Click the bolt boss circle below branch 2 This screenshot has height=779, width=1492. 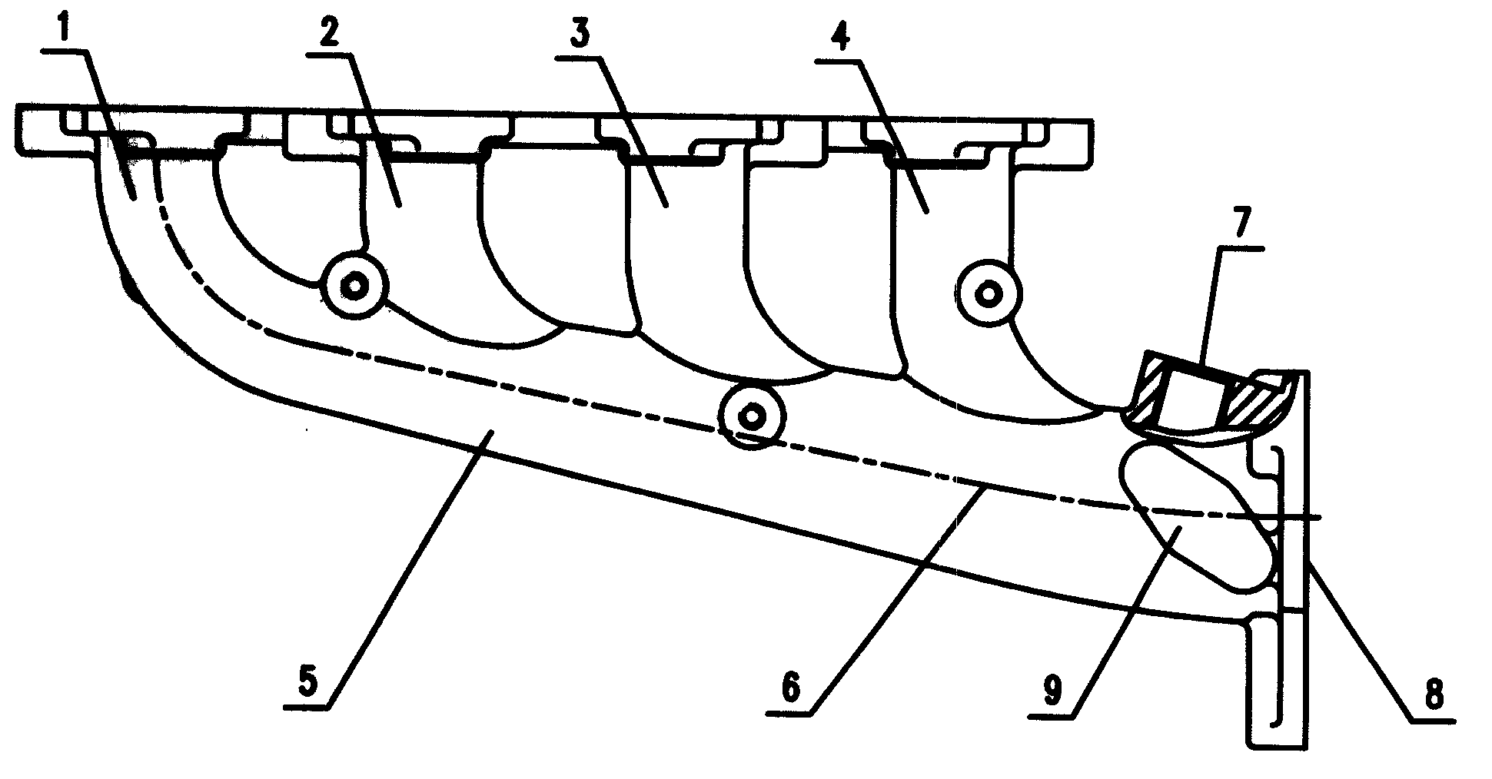(354, 287)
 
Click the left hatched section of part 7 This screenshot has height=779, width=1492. (1147, 395)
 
